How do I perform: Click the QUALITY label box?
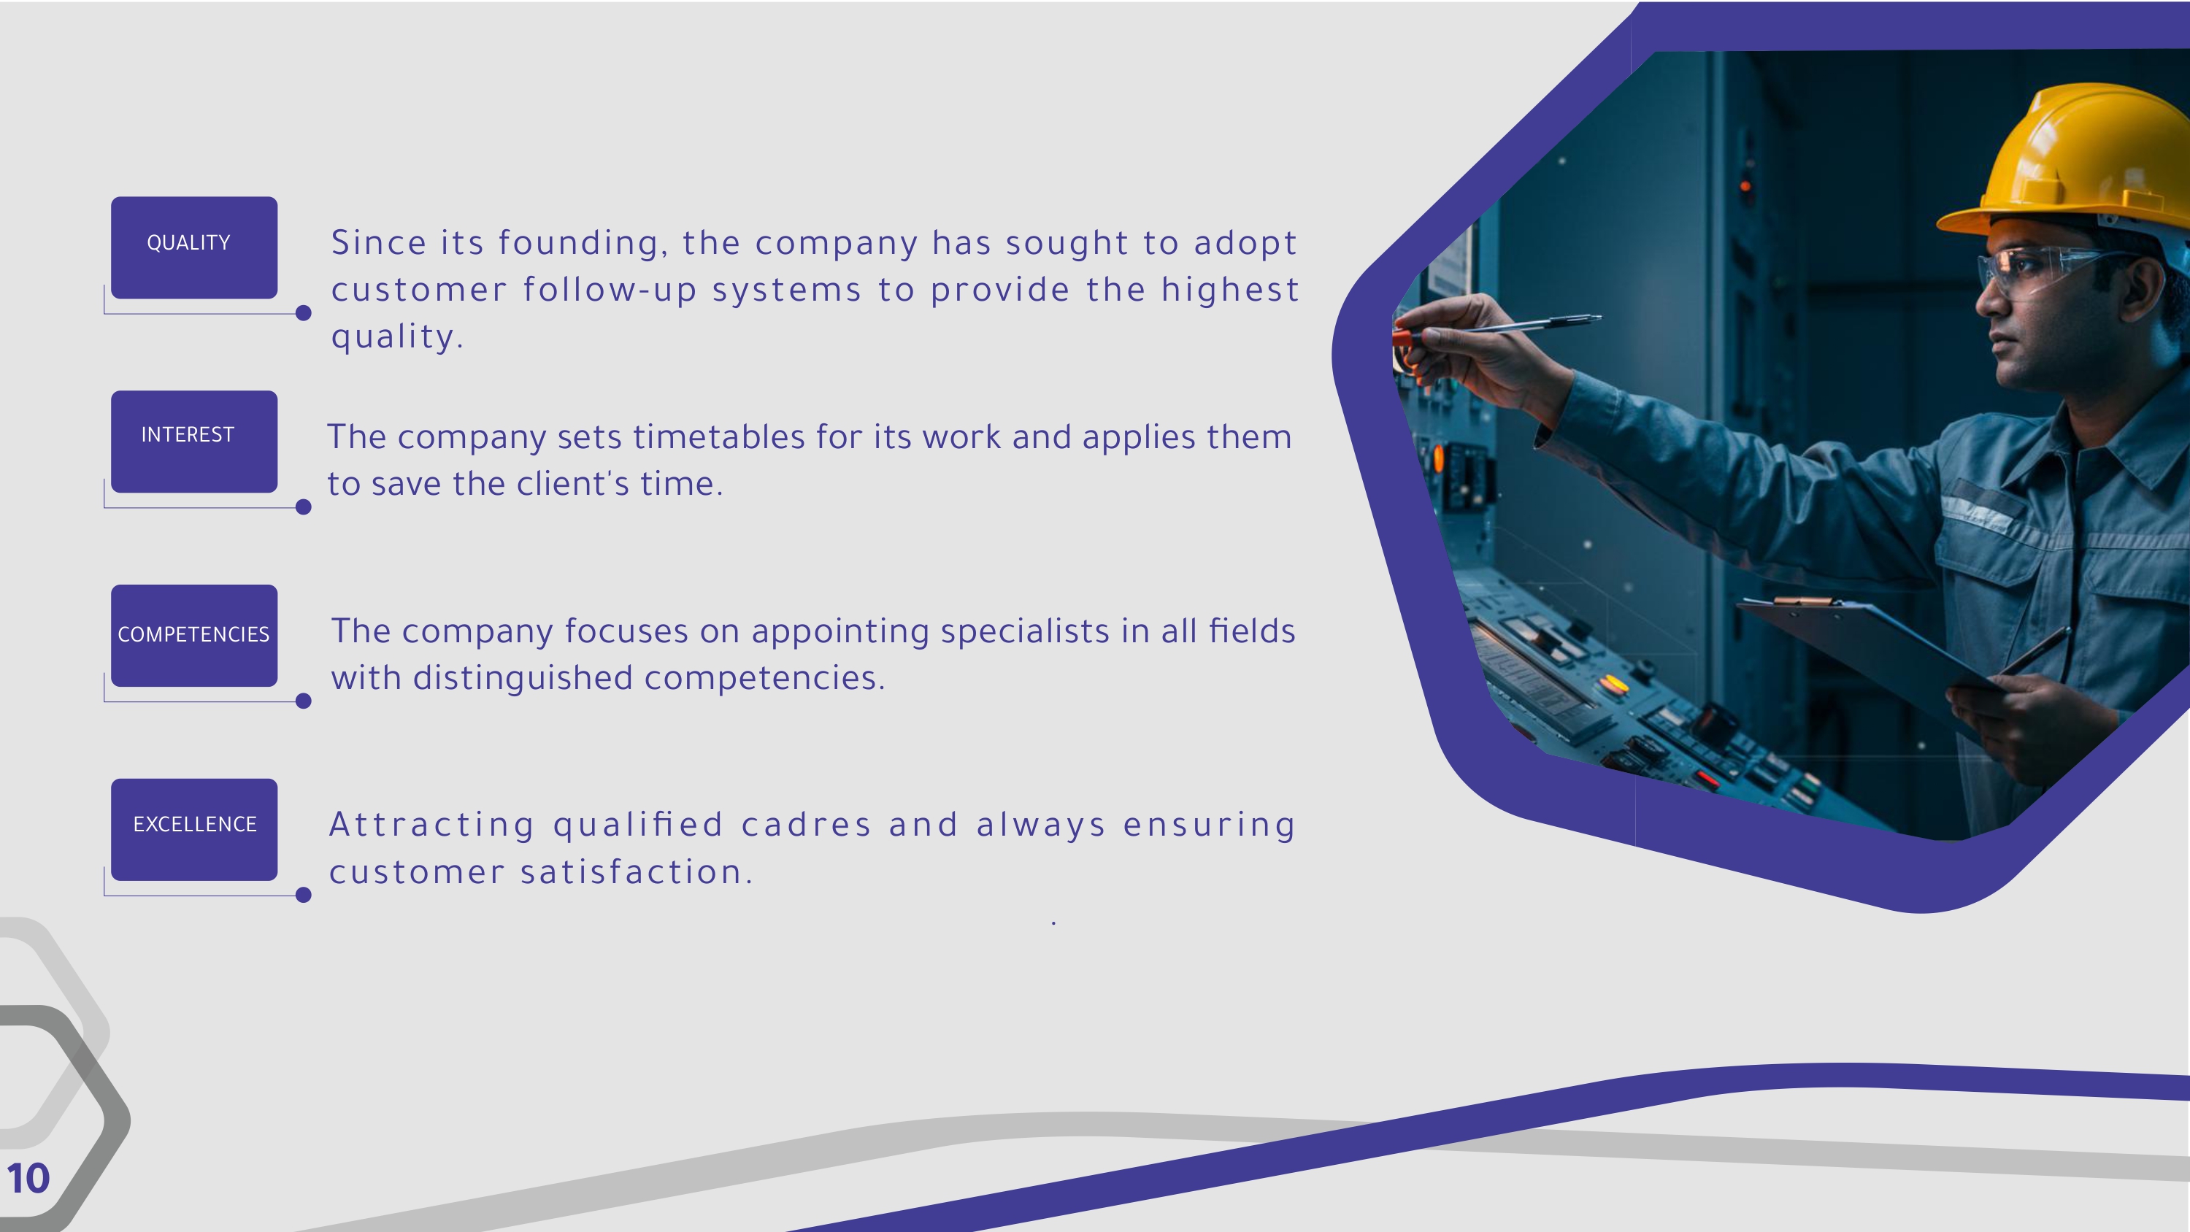tap(194, 247)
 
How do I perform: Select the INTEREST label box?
tap(194, 442)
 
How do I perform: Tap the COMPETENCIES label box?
tap(194, 635)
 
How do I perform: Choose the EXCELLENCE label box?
tap(194, 829)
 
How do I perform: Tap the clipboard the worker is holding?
tap(1870, 655)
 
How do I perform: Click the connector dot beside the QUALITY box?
tap(304, 313)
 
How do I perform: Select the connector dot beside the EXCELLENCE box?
tap(304, 895)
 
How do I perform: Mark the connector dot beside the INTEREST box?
tap(304, 507)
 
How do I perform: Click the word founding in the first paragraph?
tap(578, 244)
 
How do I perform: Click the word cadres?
tap(807, 825)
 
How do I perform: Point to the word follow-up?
tap(610, 290)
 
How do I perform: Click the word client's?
tap(573, 484)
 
